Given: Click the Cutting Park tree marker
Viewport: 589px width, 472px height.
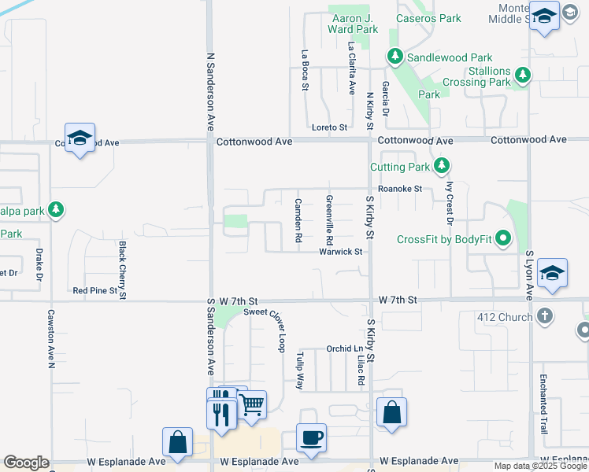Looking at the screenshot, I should [x=443, y=166].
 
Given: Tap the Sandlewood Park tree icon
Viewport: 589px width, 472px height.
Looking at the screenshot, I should [x=395, y=57].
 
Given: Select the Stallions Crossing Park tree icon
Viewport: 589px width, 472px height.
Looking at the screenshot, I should [x=521, y=76].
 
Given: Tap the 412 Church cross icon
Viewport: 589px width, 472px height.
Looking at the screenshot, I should [x=543, y=317].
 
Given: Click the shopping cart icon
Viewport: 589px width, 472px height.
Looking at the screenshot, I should [x=252, y=405].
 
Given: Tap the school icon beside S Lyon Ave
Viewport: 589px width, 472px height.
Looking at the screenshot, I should [x=554, y=273].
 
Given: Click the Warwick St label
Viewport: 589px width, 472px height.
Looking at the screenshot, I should [x=340, y=252].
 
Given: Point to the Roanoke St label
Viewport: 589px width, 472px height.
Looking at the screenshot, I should [x=400, y=189].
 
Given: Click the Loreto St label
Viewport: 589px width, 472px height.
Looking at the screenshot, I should [x=329, y=127].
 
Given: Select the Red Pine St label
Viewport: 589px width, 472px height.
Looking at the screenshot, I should [x=94, y=290].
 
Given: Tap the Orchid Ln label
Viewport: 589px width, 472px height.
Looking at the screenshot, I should [x=344, y=348].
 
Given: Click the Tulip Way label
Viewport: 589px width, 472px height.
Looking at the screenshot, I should [x=300, y=371].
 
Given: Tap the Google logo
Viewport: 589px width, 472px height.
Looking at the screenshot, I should [x=26, y=463].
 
